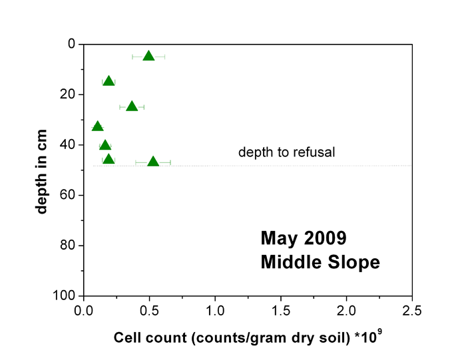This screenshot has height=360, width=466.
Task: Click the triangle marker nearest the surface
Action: click(x=148, y=56)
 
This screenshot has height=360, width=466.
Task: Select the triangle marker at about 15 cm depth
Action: click(x=109, y=81)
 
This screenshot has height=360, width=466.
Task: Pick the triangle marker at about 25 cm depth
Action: click(x=132, y=106)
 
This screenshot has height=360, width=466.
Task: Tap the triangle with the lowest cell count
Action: click(x=97, y=126)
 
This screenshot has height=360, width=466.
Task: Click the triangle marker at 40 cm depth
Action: click(x=105, y=145)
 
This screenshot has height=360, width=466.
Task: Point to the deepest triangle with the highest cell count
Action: click(x=153, y=161)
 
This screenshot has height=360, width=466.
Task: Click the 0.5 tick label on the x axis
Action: click(x=149, y=311)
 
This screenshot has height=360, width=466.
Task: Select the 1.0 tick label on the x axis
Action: click(x=215, y=311)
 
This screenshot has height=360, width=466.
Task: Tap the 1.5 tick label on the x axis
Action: click(x=280, y=311)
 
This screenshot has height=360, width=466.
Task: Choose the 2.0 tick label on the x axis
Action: click(x=346, y=311)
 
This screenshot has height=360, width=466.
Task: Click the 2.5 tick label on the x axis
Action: click(x=412, y=311)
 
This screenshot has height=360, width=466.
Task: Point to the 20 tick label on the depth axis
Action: click(x=67, y=94)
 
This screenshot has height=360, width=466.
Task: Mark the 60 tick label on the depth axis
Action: click(x=67, y=195)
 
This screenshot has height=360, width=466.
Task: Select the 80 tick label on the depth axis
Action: click(x=67, y=246)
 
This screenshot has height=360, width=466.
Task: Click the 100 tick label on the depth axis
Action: click(x=64, y=296)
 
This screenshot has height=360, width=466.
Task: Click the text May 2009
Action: click(x=304, y=238)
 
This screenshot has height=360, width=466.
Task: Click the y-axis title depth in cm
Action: click(x=41, y=172)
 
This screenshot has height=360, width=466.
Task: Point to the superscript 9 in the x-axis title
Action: click(x=379, y=333)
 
